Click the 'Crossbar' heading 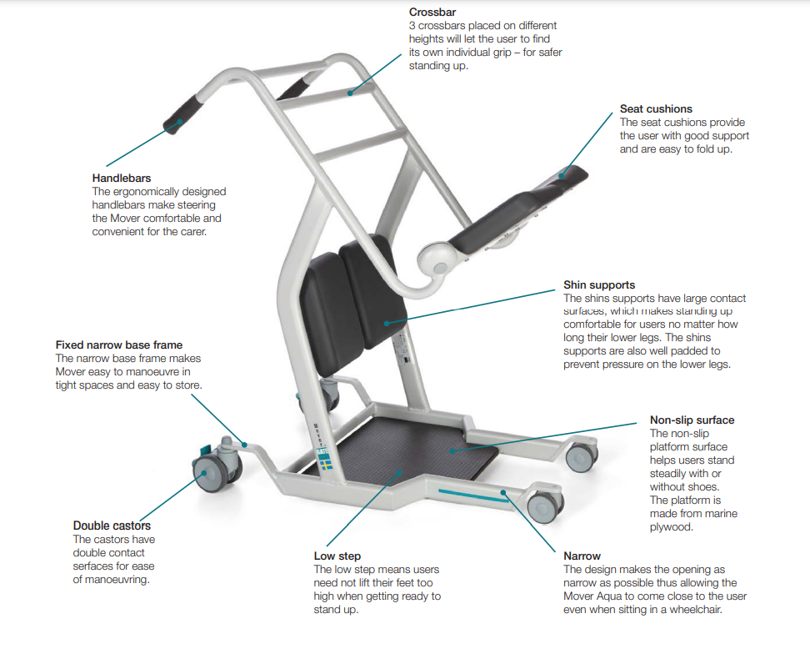pos(432,13)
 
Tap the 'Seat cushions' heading pos(656,109)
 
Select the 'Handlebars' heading pos(121,179)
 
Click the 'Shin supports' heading pos(599,285)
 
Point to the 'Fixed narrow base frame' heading pos(118,345)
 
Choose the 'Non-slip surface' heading pos(692,420)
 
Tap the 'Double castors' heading pos(112,526)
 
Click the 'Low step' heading pos(337,556)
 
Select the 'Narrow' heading pos(582,556)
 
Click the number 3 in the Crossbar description pos(412,26)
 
